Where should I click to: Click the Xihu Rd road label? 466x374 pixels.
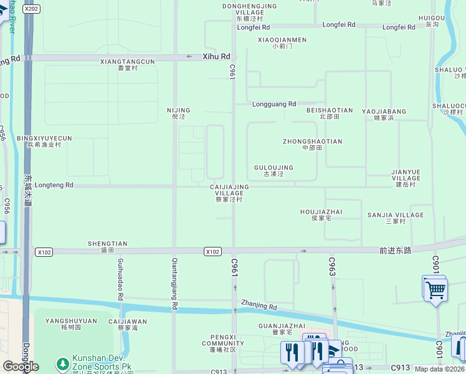216,56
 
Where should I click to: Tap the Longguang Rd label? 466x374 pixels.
274,104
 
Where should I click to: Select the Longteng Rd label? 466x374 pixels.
54,185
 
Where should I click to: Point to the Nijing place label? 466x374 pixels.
179,113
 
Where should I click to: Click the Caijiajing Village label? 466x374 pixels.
229,193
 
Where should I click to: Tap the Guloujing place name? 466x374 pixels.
273,171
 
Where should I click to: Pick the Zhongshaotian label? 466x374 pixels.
312,145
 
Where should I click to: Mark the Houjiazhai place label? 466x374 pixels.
321,215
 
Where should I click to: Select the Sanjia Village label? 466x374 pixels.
395,218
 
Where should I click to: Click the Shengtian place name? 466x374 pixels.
107,247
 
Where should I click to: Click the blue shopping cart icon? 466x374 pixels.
435,289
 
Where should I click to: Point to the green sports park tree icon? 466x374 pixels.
62,363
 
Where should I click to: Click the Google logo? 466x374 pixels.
21,366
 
